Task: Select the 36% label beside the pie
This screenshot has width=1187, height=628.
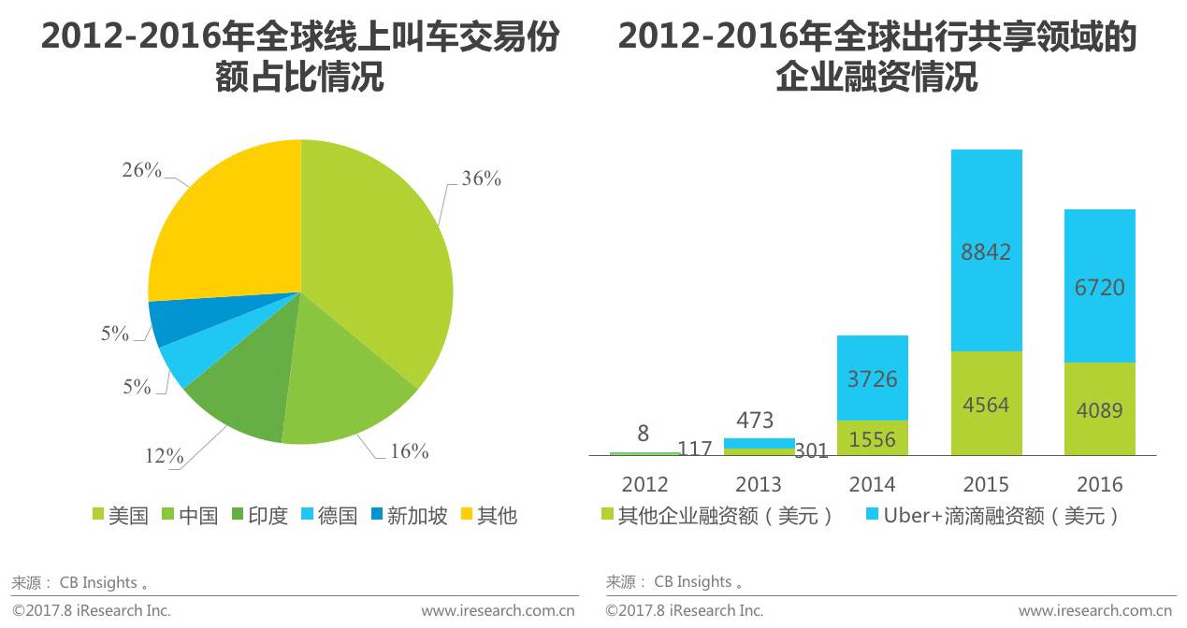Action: pos(481,178)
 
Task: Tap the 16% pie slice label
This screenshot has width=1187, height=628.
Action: pos(408,452)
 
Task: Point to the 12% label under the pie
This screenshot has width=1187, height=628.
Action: pos(164,456)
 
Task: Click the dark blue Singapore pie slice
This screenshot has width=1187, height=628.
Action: pos(168,321)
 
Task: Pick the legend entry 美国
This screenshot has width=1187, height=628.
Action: pos(120,515)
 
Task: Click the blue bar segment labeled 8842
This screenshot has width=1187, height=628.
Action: pos(986,250)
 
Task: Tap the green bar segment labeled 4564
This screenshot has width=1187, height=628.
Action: pos(986,404)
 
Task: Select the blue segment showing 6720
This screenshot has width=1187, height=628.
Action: pos(1099,286)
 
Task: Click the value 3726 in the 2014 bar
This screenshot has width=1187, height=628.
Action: pos(872,378)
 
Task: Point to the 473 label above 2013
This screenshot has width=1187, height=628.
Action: pos(755,421)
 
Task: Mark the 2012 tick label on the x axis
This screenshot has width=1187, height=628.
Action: pos(644,484)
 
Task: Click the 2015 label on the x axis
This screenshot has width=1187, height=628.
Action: pos(986,484)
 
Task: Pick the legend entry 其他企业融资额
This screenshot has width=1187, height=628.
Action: pos(715,516)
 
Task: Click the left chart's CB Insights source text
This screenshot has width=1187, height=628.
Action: pos(98,582)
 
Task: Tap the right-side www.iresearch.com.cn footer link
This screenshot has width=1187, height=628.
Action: pos(1094,610)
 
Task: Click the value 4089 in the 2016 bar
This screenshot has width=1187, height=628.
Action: pos(1099,409)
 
